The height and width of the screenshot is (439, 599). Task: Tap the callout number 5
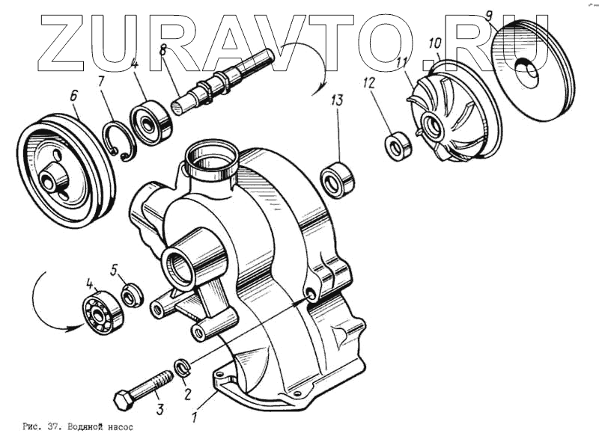point(114,268)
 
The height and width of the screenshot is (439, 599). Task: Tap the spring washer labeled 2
point(181,366)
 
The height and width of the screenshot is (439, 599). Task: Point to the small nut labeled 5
point(130,295)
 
